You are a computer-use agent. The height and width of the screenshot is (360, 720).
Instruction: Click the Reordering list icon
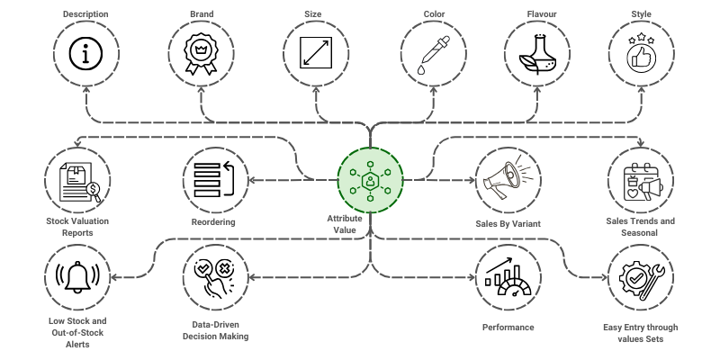pyautogui.click(x=213, y=177)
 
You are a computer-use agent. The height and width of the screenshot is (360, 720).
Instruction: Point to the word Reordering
pyautogui.click(x=213, y=221)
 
